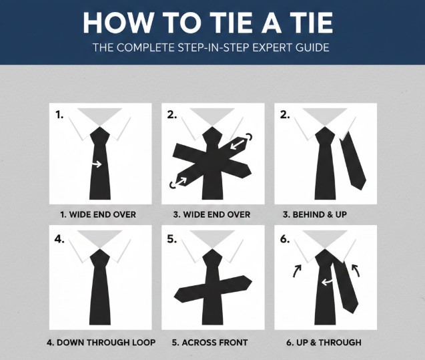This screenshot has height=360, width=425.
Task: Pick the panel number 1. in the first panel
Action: click(60, 114)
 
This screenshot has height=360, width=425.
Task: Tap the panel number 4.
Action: click(60, 238)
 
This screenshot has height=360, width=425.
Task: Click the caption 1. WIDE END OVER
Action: click(98, 214)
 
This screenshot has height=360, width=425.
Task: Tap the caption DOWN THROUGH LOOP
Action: click(101, 343)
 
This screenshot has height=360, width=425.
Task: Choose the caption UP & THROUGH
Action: click(324, 343)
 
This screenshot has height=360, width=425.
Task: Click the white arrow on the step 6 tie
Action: click(326, 283)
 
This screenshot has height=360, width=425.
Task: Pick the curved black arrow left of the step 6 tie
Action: click(297, 271)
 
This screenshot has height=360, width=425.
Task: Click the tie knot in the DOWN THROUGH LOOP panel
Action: click(99, 257)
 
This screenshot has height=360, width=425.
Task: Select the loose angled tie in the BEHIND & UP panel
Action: click(353, 160)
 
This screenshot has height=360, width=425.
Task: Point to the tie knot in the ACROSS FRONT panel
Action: click(212, 257)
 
